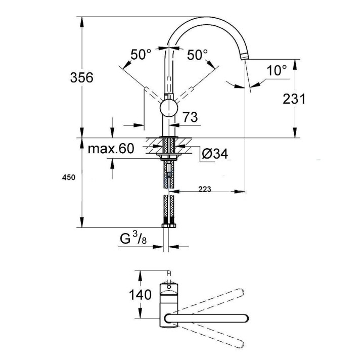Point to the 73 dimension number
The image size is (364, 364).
coord(190,117)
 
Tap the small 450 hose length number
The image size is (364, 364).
coord(68,177)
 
